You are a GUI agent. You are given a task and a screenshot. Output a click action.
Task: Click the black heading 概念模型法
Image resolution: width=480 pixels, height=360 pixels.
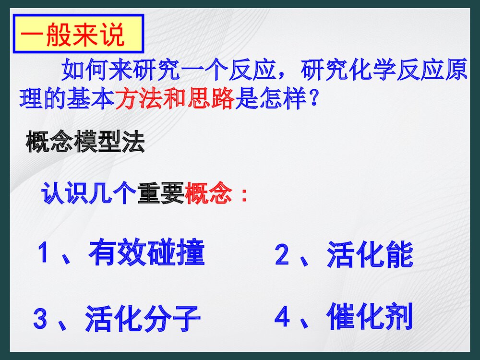pos(85,143)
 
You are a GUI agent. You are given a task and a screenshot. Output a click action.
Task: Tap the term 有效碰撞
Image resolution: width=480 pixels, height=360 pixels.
pos(147,253)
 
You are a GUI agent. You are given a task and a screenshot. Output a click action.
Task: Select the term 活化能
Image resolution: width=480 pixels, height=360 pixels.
pos(370,255)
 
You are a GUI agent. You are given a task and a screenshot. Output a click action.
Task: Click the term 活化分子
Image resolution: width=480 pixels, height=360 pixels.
pos(143,319)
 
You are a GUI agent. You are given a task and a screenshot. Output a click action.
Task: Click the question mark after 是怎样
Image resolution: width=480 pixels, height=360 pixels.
pos(313,100)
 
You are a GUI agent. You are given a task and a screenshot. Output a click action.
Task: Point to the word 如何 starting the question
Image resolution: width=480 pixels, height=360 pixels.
pos(85,71)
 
